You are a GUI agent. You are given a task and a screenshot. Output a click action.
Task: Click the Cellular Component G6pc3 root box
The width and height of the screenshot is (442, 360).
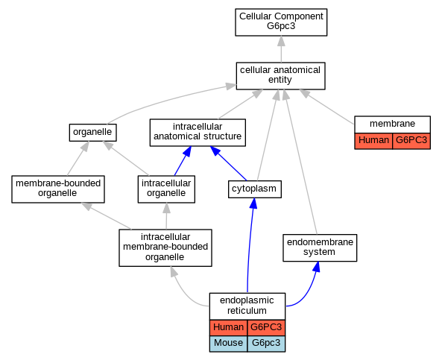(281, 22)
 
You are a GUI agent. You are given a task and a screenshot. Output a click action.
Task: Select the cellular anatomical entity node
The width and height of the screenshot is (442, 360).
(280, 76)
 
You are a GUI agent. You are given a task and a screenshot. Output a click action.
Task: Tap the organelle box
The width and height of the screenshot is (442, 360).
(92, 133)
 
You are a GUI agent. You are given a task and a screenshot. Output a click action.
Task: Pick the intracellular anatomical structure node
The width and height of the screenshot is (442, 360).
(198, 133)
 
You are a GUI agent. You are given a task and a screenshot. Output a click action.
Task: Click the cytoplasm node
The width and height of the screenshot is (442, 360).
(255, 189)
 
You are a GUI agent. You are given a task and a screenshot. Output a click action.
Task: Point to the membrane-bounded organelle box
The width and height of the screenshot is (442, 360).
(58, 189)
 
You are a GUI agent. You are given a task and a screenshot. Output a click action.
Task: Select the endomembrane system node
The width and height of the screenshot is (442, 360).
(320, 247)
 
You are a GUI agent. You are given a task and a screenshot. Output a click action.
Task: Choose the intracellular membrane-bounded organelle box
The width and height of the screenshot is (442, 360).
(165, 247)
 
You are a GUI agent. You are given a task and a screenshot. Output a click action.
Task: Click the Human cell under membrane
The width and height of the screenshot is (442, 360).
(373, 141)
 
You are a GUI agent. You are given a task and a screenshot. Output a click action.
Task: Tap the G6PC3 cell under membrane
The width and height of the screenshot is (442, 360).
(411, 141)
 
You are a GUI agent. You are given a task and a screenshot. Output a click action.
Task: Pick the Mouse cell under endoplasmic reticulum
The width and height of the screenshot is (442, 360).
(228, 344)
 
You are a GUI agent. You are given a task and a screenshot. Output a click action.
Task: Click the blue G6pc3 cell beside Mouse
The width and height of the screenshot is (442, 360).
(266, 344)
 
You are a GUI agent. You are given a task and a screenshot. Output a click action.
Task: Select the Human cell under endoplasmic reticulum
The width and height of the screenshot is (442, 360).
(228, 328)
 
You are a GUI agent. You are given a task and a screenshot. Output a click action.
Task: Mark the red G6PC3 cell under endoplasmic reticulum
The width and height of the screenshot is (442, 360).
(266, 328)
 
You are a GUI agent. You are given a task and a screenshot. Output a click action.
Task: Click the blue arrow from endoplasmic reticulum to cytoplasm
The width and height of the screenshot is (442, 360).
(250, 245)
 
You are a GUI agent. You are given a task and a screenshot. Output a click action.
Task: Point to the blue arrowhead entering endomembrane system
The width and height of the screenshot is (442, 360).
(317, 267)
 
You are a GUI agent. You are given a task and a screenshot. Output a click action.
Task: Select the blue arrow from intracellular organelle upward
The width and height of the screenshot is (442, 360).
(183, 161)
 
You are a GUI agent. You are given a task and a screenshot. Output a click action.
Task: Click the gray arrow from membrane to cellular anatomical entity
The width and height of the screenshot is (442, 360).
(327, 107)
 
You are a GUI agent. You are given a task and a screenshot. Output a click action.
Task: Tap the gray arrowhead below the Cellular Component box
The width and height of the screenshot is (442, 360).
(281, 42)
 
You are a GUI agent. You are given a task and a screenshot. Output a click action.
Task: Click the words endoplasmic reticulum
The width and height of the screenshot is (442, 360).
(247, 306)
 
